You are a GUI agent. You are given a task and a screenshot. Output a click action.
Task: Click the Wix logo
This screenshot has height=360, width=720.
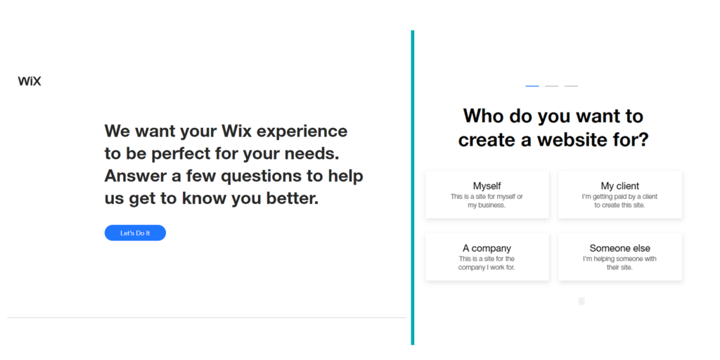(30, 81)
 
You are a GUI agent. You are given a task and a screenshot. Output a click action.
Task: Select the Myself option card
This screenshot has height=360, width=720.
(487, 194)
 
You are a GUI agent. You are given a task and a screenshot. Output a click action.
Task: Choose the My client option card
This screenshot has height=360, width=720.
(619, 194)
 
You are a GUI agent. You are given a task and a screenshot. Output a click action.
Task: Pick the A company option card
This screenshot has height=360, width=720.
(487, 257)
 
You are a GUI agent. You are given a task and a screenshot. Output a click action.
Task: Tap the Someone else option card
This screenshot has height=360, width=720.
(619, 257)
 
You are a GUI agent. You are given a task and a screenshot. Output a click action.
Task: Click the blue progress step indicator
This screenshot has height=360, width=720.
(532, 86)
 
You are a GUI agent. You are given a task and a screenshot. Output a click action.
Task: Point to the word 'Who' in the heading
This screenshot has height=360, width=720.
(484, 115)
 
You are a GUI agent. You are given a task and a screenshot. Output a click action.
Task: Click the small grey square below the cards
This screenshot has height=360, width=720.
(581, 301)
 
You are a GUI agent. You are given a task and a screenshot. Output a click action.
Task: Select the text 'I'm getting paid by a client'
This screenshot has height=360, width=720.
(619, 197)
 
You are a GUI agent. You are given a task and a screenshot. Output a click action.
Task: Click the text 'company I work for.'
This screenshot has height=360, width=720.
(487, 268)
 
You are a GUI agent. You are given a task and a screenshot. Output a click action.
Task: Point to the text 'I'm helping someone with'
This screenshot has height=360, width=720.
(619, 259)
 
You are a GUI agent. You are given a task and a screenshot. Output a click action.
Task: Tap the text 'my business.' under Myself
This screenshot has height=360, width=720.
(487, 205)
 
